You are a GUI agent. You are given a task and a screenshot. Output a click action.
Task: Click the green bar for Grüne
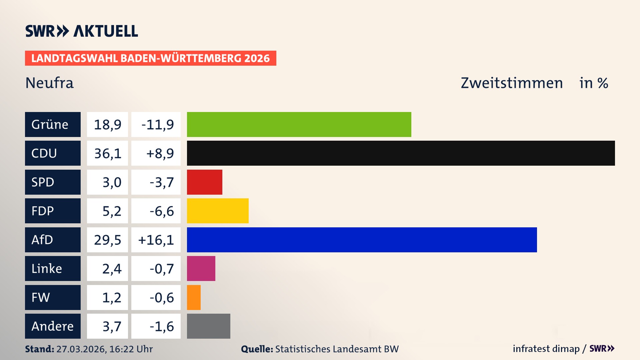pyautogui.click(x=299, y=124)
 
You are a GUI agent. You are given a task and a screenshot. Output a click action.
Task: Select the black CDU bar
pyautogui.click(x=401, y=153)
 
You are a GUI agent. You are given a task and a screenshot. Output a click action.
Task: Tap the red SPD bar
pyautogui.click(x=204, y=182)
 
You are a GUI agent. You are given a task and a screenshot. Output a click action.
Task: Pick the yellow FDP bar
pyautogui.click(x=218, y=211)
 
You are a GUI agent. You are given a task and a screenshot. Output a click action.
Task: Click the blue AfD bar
pyautogui.click(x=362, y=240)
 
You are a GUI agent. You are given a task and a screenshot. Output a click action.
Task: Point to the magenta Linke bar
pyautogui.click(x=201, y=268)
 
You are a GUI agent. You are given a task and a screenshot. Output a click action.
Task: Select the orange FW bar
pyautogui.click(x=194, y=297)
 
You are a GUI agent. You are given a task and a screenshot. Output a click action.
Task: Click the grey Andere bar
pyautogui.click(x=208, y=326)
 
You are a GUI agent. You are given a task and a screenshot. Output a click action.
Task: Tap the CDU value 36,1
pyautogui.click(x=107, y=153)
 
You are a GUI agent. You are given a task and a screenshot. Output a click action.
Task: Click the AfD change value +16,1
pyautogui.click(x=156, y=240)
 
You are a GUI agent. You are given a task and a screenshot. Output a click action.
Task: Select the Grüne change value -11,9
pyautogui.click(x=157, y=124)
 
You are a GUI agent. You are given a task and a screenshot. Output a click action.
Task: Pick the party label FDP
pyautogui.click(x=43, y=211)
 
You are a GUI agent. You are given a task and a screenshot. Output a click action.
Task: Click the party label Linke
pyautogui.click(x=47, y=268)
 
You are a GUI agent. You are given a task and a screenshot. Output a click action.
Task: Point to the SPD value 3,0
pyautogui.click(x=112, y=182)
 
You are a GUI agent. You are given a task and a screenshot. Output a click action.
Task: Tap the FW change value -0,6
pyautogui.click(x=162, y=297)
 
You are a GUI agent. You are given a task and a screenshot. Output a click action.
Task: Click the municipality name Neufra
pyautogui.click(x=49, y=83)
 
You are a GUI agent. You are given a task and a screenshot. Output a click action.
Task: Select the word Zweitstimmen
pyautogui.click(x=512, y=83)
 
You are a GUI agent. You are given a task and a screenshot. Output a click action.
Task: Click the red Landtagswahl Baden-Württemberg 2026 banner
pyautogui.click(x=150, y=58)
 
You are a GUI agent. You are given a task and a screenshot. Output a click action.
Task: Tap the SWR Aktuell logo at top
pyautogui.click(x=82, y=31)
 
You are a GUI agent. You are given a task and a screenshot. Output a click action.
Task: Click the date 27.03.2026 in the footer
pyautogui.click(x=81, y=349)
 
